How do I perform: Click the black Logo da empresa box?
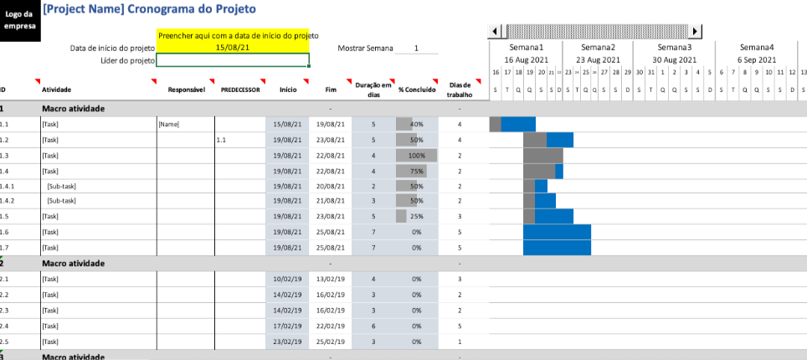(18, 20)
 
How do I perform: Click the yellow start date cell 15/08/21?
(232, 48)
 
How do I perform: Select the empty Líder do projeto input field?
(232, 60)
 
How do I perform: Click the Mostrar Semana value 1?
(416, 49)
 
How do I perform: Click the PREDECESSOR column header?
(240, 89)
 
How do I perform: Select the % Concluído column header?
(417, 89)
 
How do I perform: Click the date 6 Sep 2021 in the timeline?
(755, 60)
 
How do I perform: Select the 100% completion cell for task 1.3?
(416, 156)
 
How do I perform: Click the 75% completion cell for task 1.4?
(416, 171)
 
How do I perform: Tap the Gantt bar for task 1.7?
(557, 248)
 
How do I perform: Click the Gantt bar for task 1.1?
(512, 125)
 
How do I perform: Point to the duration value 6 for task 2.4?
(373, 326)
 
